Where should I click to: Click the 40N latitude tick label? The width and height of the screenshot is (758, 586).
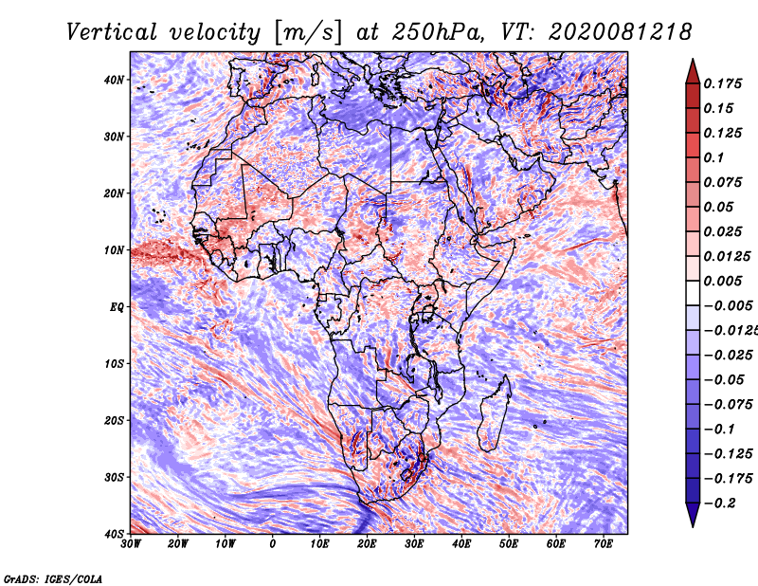(x=114, y=80)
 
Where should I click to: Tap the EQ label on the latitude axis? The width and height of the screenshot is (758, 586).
(x=117, y=307)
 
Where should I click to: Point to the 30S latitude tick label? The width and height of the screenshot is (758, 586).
(x=114, y=477)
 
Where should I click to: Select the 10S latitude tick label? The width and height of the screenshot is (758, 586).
(x=114, y=363)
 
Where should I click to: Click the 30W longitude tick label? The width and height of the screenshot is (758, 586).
(x=131, y=543)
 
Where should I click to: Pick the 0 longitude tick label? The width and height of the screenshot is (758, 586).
(x=273, y=543)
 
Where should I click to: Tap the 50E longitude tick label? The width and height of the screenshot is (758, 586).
(x=509, y=543)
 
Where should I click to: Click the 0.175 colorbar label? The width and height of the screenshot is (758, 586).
(x=723, y=83)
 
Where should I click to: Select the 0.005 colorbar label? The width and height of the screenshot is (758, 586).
(x=723, y=281)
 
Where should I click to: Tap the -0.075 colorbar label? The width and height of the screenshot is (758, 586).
(x=728, y=404)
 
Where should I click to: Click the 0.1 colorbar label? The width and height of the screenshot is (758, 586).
(x=713, y=157)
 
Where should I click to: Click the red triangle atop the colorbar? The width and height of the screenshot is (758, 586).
(x=693, y=72)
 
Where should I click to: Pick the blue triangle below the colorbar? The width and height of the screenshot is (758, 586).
(x=693, y=515)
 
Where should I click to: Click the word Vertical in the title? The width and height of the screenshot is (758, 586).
(x=112, y=32)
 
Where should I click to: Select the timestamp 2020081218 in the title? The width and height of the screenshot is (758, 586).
(x=620, y=32)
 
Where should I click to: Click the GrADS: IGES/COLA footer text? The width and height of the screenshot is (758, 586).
(x=53, y=578)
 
